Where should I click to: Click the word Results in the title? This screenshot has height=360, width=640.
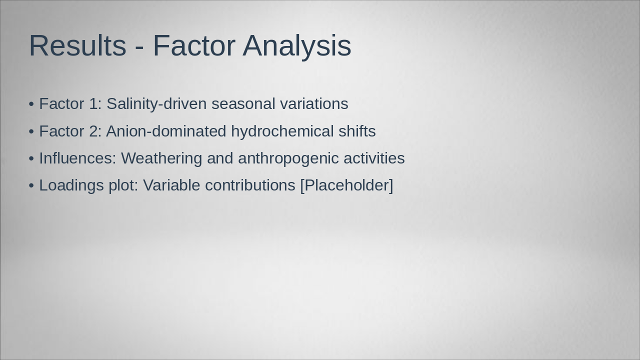click(x=77, y=45)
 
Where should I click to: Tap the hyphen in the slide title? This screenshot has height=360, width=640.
click(x=139, y=47)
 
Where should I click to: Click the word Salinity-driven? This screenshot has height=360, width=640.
click(x=156, y=103)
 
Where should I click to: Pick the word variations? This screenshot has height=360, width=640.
click(x=314, y=103)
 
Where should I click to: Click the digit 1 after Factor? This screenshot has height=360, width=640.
click(x=93, y=103)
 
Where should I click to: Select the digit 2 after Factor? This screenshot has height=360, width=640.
click(x=93, y=131)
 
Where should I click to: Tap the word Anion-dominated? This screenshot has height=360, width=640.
click(x=166, y=131)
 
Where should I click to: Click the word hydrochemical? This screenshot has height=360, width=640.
click(x=282, y=131)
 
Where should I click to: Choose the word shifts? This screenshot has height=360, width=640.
click(x=357, y=131)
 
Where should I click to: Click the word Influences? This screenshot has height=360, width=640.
click(x=77, y=158)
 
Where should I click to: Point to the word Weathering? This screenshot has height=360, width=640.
click(x=161, y=158)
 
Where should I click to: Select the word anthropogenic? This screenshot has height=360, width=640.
click(x=288, y=158)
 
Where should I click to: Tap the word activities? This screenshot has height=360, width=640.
click(x=374, y=158)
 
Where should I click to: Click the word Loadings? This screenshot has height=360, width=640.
click(x=71, y=185)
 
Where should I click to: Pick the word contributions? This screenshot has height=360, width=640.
click(x=250, y=185)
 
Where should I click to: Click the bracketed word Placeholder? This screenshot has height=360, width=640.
click(x=347, y=185)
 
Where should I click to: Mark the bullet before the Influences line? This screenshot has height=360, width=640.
click(x=31, y=158)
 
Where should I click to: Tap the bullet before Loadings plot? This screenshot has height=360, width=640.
click(x=31, y=185)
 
